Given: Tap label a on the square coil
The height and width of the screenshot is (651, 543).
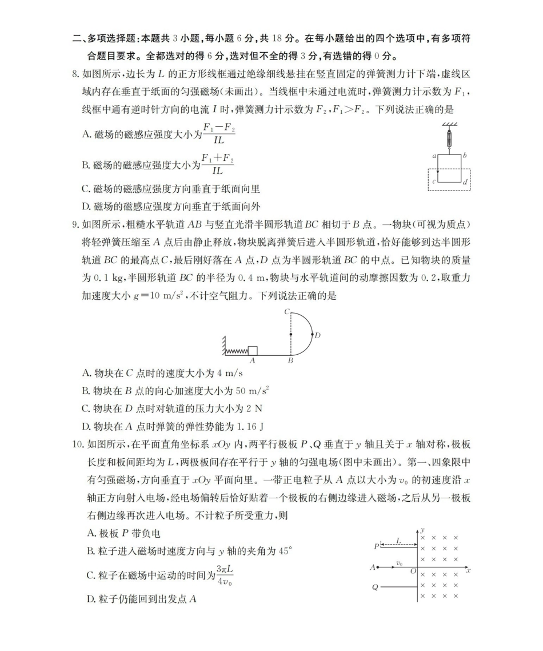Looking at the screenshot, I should click(x=434, y=156).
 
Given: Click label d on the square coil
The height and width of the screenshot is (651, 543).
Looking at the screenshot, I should click(x=465, y=182).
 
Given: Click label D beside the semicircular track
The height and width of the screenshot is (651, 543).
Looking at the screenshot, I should click(x=318, y=335).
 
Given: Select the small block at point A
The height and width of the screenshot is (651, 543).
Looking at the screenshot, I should click(x=252, y=351).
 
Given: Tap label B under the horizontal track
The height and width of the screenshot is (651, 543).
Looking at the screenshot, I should click(x=290, y=361).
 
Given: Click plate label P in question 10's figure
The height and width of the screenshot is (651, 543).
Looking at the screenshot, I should click(x=376, y=546).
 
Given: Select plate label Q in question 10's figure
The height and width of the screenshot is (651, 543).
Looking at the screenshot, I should click(x=375, y=587).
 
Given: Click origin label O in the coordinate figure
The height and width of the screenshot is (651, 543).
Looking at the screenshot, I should click(x=413, y=571).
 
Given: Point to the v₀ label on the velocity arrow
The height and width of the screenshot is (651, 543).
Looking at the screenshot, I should click(x=400, y=563).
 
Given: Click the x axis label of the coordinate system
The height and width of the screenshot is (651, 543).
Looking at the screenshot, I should click(x=468, y=570).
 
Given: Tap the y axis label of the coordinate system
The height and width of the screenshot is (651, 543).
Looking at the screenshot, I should click(x=422, y=530).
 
